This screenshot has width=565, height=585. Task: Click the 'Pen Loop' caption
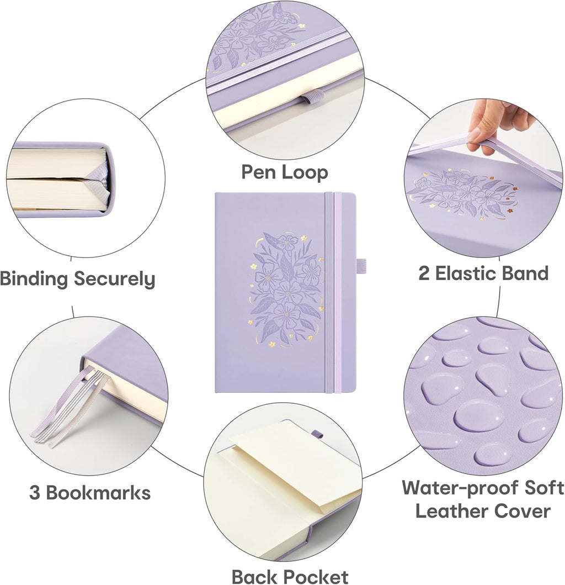pyautogui.click(x=284, y=172)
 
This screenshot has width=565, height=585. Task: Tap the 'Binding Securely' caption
pyautogui.click(x=77, y=279)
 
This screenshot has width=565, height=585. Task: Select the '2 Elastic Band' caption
pyautogui.click(x=483, y=273)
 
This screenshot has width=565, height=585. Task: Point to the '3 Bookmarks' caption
pyautogui.click(x=90, y=492)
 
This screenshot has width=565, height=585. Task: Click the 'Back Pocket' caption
pyautogui.click(x=290, y=576)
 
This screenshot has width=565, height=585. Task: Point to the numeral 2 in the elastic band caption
pyautogui.click(x=424, y=273)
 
